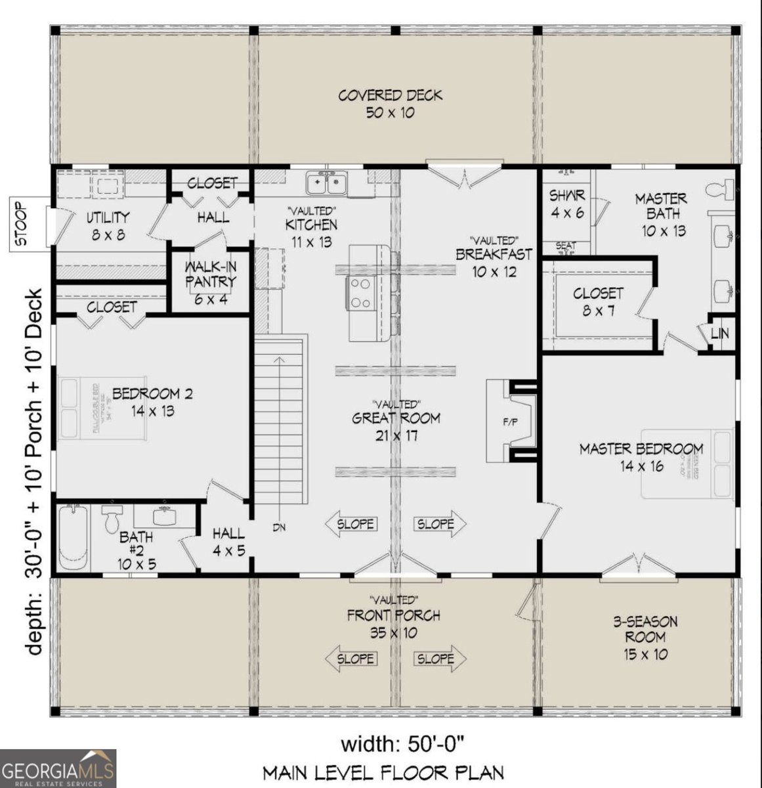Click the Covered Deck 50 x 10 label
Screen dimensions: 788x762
(391, 104)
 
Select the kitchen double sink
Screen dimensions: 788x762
(328, 183)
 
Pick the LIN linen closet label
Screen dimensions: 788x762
(720, 334)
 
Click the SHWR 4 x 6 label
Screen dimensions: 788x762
(566, 204)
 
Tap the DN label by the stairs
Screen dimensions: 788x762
(280, 527)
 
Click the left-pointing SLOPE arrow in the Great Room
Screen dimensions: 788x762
(350, 524)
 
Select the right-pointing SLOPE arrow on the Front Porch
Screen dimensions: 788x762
(440, 659)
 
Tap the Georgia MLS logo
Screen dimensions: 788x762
(58, 768)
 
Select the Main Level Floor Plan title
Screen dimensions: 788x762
(383, 773)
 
